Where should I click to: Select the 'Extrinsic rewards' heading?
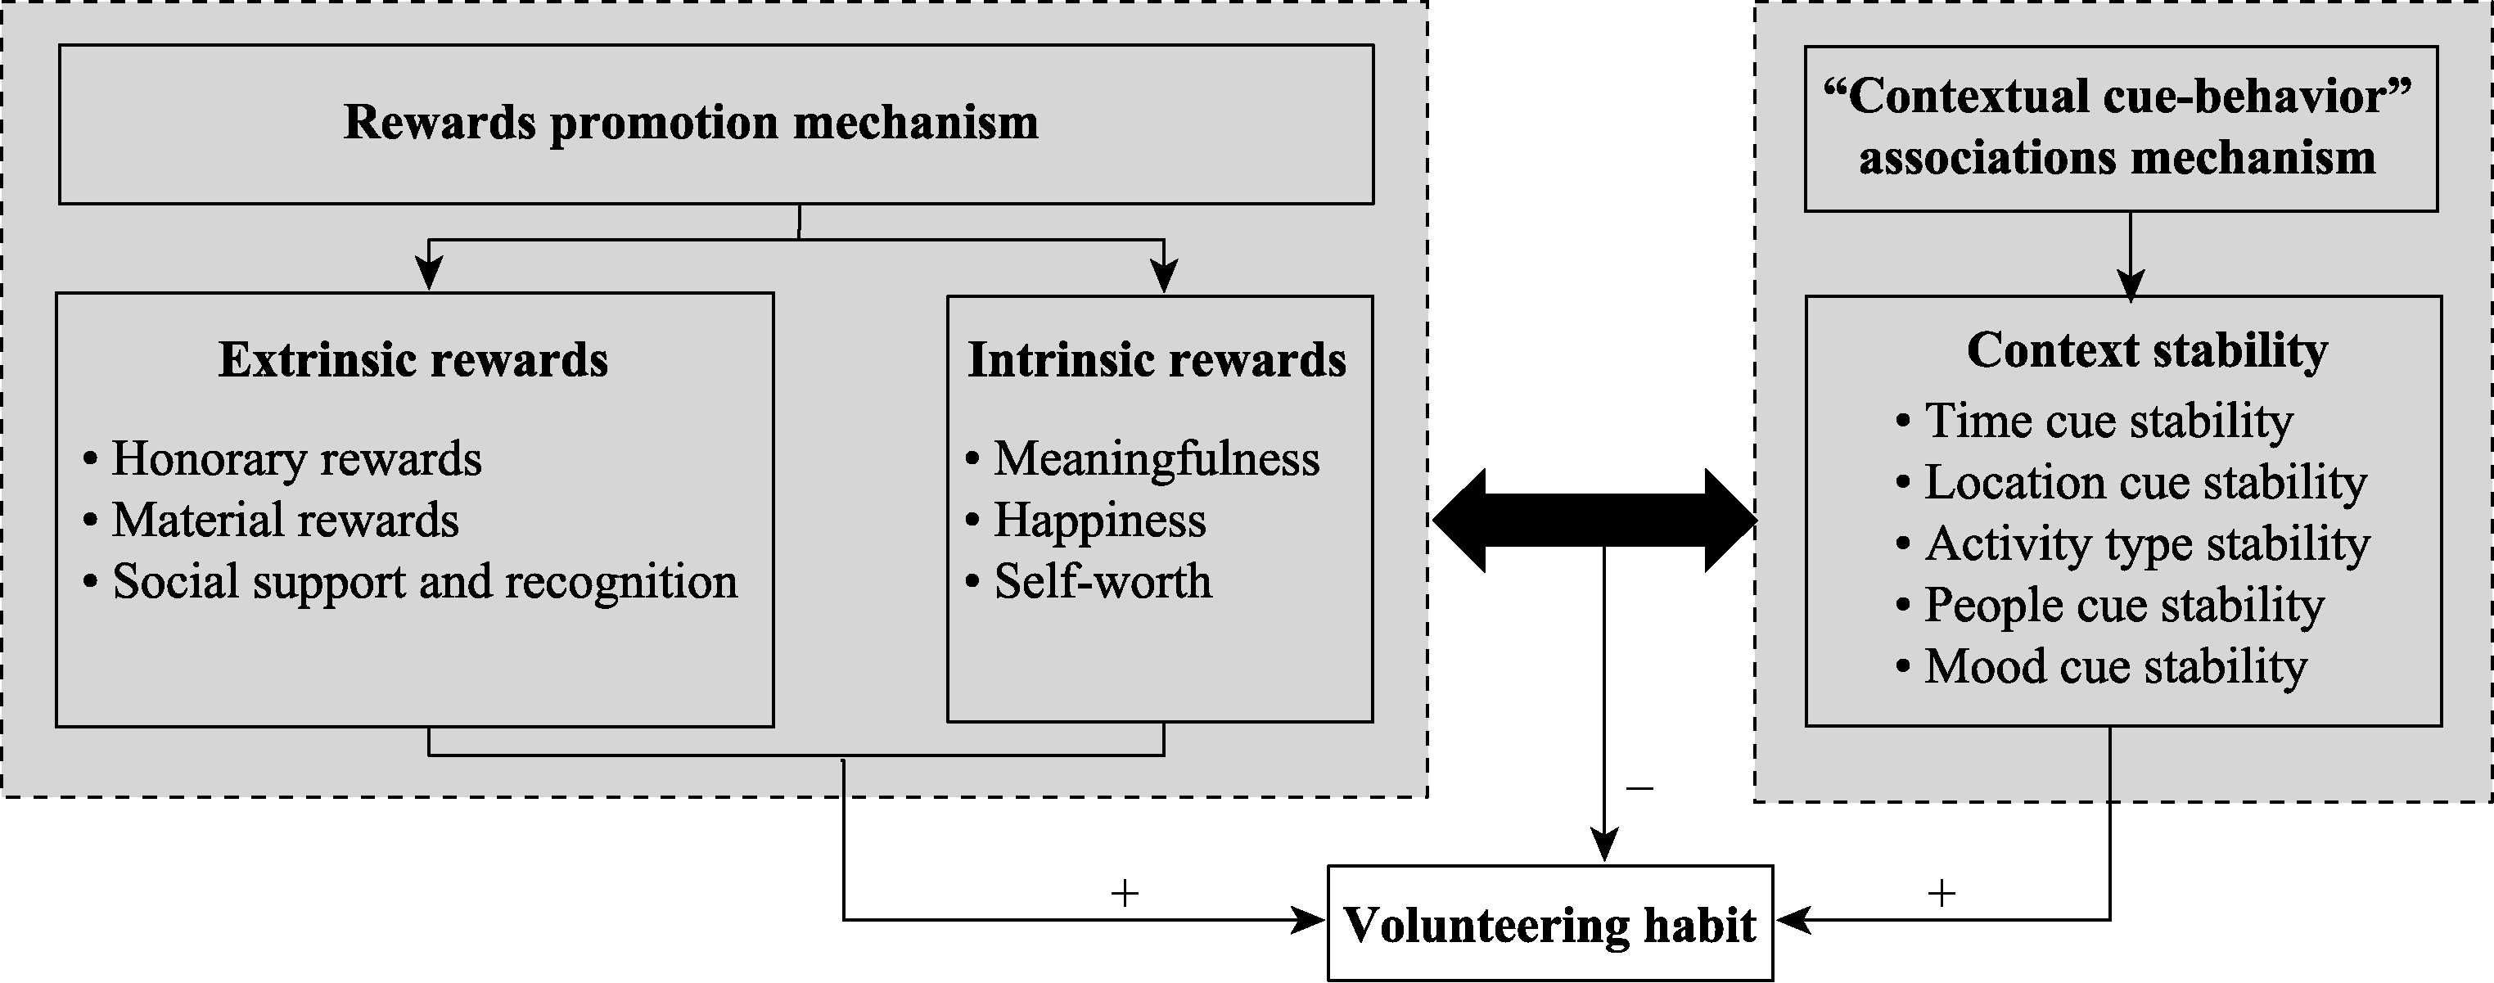click(x=413, y=360)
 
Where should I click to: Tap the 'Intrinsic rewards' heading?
click(x=1157, y=360)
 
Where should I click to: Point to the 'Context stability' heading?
click(x=2148, y=350)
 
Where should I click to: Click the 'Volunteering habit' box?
click(x=1549, y=924)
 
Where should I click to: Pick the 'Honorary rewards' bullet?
click(x=296, y=459)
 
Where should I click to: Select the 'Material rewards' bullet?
click(x=285, y=520)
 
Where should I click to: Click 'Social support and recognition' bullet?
click(x=424, y=582)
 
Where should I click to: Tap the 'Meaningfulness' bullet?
click(x=1156, y=459)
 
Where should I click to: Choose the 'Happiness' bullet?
click(x=1100, y=520)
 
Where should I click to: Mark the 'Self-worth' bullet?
click(x=1103, y=582)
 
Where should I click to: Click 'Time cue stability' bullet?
click(x=2108, y=422)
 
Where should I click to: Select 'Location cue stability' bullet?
click(x=2144, y=482)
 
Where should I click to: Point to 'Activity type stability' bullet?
click(x=2146, y=543)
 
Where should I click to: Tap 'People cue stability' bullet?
click(x=2123, y=606)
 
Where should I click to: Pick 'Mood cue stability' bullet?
click(x=2114, y=666)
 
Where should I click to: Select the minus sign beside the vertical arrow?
click(x=1640, y=788)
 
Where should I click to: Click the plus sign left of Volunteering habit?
click(x=1124, y=893)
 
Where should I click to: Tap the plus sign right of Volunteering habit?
click(x=1942, y=893)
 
